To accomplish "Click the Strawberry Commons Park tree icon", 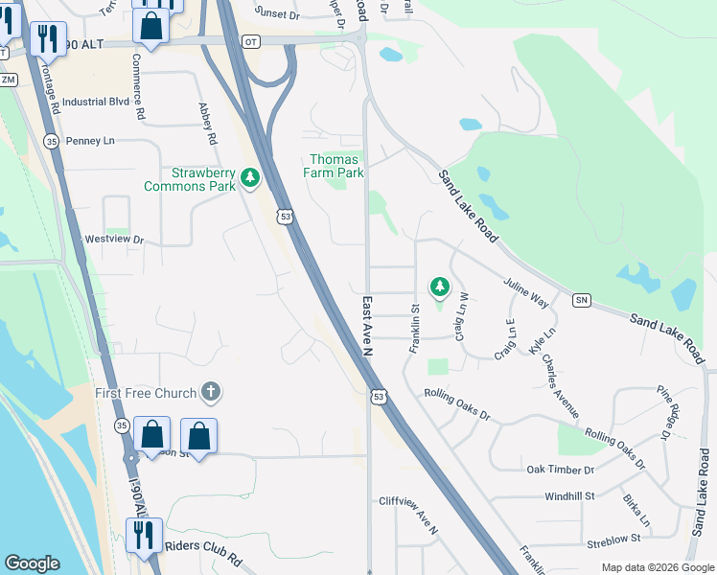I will pos(250,177).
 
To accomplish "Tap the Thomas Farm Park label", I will pos(335,166).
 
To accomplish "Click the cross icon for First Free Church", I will pos(211,392).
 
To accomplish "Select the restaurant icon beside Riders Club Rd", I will pos(144,536).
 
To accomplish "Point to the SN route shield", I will pos(581,301).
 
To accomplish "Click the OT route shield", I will pos(251,42).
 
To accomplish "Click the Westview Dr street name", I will pos(114,240).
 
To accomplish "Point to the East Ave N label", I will pos(368,328).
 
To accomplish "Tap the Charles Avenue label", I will pos(560,386).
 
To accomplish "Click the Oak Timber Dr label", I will pos(561,470).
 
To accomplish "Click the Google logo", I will pos(31,563).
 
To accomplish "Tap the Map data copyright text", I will pos(657,567).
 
